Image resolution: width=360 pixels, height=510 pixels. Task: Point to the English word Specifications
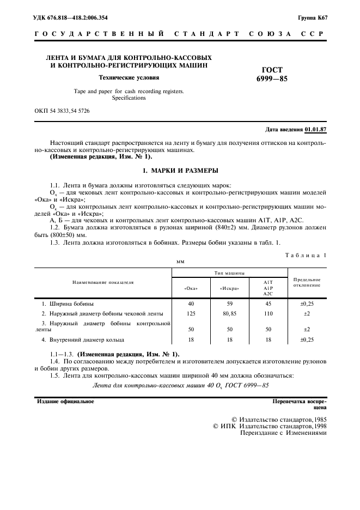129,98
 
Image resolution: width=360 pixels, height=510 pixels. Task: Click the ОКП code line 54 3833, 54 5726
62,111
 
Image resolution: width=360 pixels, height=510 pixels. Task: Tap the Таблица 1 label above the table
306,255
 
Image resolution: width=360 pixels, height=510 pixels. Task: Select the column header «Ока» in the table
191,288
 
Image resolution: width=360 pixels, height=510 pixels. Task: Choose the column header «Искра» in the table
229,288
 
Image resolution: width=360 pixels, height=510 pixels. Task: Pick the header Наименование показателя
103,282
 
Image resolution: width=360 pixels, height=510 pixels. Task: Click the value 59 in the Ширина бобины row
229,303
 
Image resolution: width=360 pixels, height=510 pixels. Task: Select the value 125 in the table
191,314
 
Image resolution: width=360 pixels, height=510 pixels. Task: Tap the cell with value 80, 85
229,314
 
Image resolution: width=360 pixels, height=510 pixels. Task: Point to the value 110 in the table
267,314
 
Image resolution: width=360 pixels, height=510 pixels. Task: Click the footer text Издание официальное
65,402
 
